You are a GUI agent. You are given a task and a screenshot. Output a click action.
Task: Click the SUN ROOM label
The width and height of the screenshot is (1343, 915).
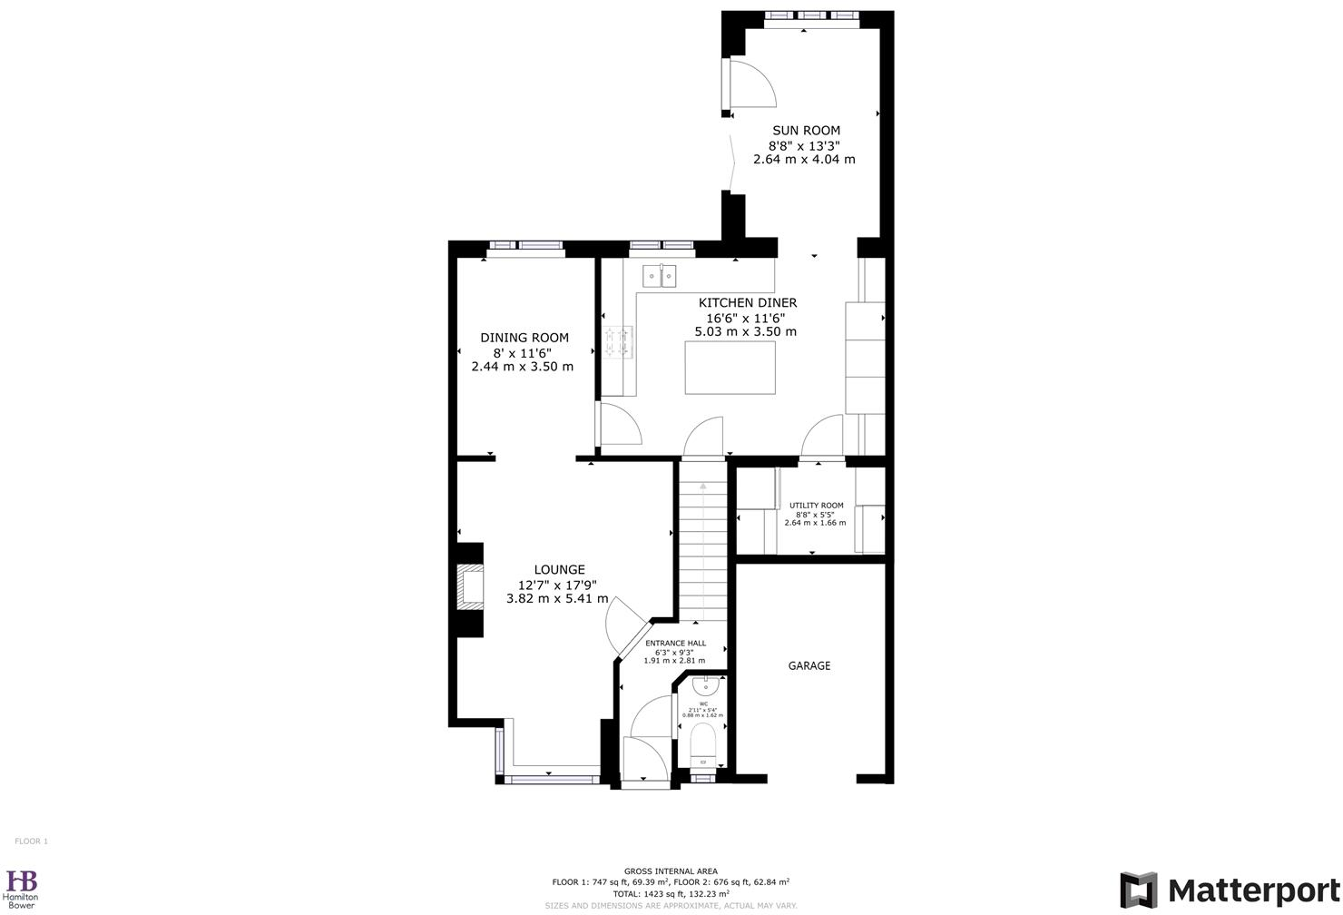click(x=806, y=130)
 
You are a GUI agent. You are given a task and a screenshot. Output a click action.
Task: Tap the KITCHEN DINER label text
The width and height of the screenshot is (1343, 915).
click(x=747, y=302)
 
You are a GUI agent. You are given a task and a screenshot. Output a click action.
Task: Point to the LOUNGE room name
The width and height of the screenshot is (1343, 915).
click(x=559, y=569)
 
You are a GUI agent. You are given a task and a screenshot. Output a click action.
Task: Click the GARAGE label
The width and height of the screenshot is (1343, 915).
click(x=809, y=665)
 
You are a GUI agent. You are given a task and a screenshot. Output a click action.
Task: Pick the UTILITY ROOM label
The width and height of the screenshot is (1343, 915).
click(x=816, y=506)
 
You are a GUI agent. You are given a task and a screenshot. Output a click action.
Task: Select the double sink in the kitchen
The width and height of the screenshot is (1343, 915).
click(x=660, y=274)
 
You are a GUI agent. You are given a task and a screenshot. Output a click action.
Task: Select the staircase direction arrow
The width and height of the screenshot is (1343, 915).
click(x=702, y=487)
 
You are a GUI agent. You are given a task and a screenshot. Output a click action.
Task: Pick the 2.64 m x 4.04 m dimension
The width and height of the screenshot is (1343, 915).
click(x=804, y=159)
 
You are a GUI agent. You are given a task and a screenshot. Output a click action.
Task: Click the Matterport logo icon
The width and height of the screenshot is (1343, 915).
click(x=1138, y=890)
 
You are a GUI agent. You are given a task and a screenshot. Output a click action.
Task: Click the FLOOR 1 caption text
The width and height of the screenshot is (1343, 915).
click(x=31, y=841)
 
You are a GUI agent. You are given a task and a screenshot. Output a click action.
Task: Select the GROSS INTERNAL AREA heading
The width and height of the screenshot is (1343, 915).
click(x=671, y=871)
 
